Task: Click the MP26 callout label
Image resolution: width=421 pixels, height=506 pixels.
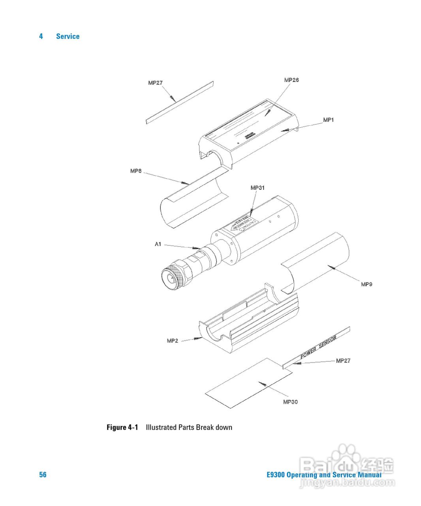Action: coord(291,80)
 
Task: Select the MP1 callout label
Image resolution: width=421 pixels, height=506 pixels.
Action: coord(328,120)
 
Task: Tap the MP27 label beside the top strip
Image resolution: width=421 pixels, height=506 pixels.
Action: coord(155,83)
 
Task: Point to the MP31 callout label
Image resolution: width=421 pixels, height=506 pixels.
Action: coord(257,187)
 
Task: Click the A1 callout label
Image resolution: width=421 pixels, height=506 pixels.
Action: coord(158,244)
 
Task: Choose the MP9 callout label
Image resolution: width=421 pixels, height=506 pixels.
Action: coord(366,284)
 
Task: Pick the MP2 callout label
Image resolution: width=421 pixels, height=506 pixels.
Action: coord(173,340)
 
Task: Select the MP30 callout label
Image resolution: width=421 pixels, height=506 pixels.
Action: coord(290,402)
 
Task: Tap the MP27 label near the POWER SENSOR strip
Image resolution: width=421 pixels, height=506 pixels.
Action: coord(343,361)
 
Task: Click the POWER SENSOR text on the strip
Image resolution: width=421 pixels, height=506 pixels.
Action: coord(318,347)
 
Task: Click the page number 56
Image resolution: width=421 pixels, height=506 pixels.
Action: coord(43,475)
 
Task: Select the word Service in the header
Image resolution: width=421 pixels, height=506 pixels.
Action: coord(68,36)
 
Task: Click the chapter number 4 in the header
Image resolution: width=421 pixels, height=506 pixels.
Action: coord(41,36)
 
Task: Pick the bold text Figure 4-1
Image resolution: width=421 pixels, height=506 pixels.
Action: coord(122,427)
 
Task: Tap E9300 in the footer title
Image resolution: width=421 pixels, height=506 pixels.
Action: coord(275,475)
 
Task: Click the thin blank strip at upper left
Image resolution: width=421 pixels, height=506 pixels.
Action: coord(180,102)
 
